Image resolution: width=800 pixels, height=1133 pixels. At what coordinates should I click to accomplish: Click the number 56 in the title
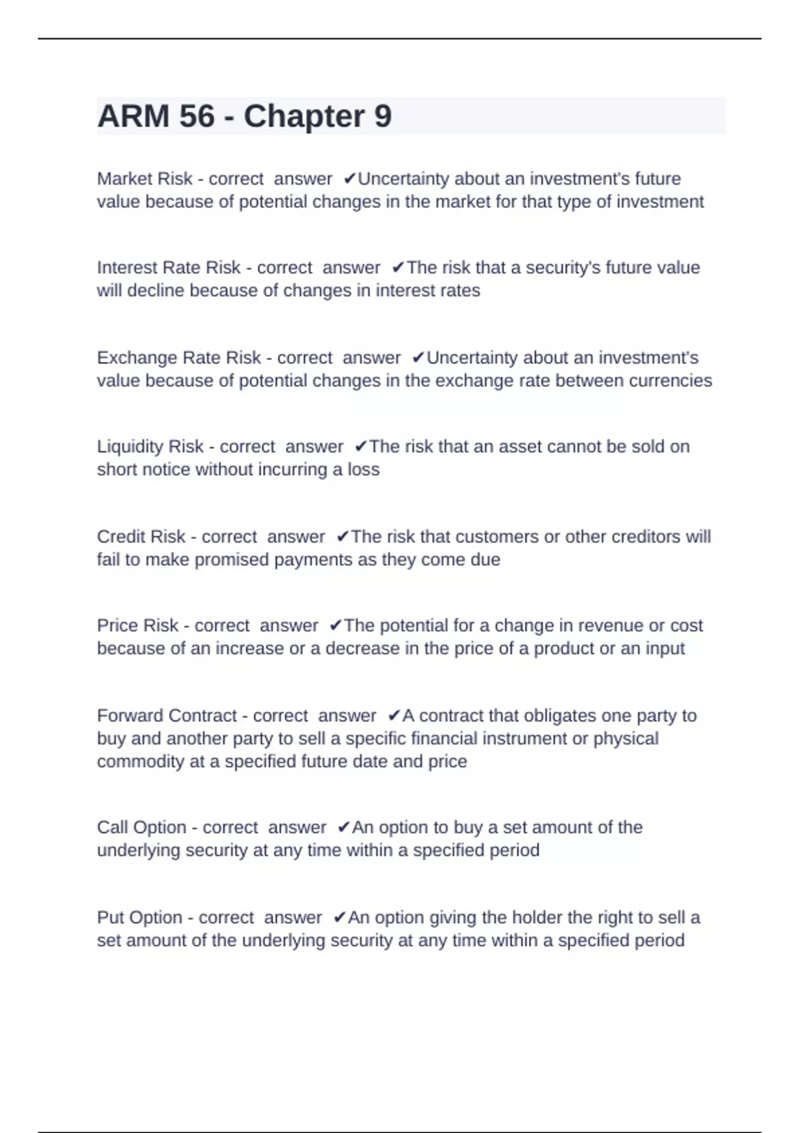click(197, 117)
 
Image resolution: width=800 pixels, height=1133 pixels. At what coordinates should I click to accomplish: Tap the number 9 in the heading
click(383, 117)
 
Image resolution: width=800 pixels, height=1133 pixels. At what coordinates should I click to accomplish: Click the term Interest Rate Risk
click(169, 267)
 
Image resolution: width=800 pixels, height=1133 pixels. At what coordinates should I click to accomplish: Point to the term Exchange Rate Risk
click(179, 358)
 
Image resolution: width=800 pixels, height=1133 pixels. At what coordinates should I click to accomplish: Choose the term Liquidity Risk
click(150, 447)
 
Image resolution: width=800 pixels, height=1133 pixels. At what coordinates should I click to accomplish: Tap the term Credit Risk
click(141, 537)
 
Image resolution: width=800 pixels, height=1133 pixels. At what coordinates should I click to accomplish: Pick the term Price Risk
click(137, 625)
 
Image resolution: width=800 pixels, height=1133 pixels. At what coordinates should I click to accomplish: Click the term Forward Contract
click(167, 715)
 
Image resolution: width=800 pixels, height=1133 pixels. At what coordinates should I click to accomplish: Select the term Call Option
click(141, 827)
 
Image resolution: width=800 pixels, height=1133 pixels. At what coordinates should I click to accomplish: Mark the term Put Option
click(139, 917)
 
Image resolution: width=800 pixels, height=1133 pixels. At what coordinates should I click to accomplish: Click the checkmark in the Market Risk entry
click(349, 179)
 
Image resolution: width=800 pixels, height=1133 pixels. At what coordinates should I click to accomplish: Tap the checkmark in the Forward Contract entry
click(394, 715)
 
